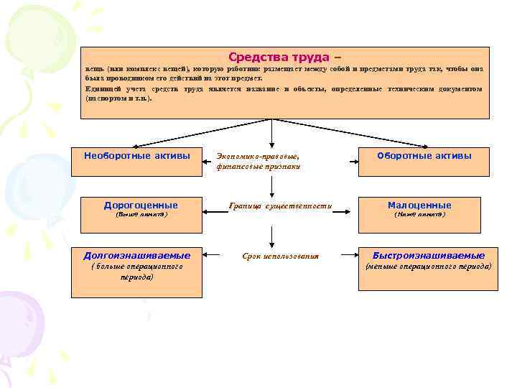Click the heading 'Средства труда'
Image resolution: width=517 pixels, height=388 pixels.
click(x=278, y=57)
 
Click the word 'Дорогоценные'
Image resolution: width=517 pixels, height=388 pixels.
click(x=141, y=205)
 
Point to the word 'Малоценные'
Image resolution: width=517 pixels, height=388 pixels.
click(x=419, y=205)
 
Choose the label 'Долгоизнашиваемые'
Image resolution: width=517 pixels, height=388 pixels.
click(x=137, y=255)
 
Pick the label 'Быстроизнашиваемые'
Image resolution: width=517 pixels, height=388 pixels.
click(x=429, y=255)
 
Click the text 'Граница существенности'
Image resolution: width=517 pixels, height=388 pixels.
click(x=280, y=206)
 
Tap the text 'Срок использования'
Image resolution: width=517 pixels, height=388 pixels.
click(x=281, y=256)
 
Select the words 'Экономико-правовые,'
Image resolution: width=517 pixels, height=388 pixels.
click(x=256, y=155)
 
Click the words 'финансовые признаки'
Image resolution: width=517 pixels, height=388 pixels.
click(x=258, y=166)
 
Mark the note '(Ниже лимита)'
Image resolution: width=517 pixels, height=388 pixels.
click(x=420, y=215)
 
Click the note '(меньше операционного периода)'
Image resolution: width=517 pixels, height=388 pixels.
click(x=429, y=267)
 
